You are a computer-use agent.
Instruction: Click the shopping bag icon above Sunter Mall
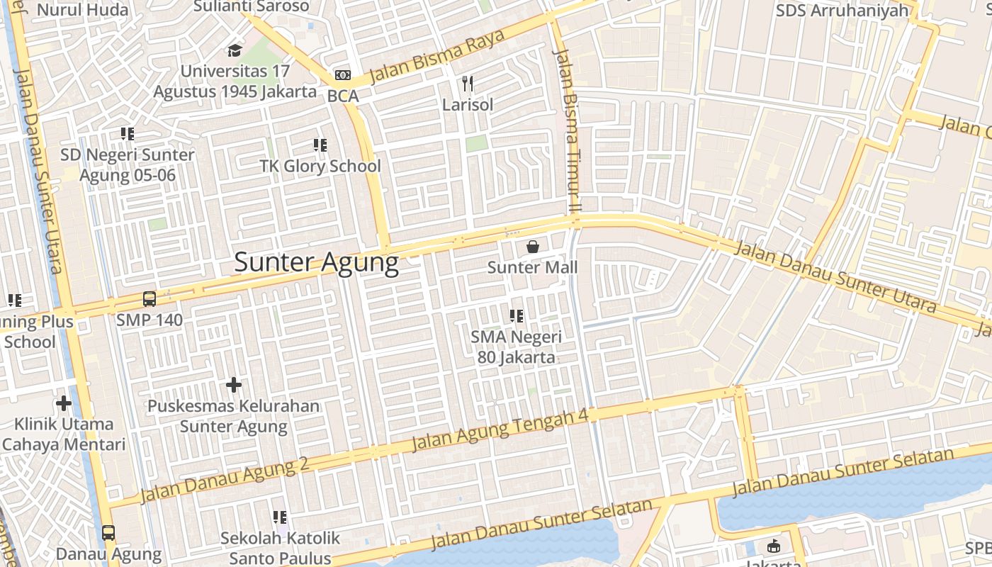click(x=532, y=247)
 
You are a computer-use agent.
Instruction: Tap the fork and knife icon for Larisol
click(x=467, y=84)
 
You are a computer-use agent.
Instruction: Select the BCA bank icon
click(x=342, y=75)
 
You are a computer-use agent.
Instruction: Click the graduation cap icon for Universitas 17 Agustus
click(x=235, y=50)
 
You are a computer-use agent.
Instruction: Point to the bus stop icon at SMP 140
click(x=150, y=299)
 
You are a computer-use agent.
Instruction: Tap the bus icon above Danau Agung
click(x=108, y=533)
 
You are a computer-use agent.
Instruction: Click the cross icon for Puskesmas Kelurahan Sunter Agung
click(x=234, y=385)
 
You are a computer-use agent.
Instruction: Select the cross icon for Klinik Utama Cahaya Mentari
click(x=64, y=403)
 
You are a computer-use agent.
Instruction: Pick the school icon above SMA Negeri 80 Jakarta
click(x=517, y=316)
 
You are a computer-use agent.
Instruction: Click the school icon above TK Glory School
click(x=320, y=145)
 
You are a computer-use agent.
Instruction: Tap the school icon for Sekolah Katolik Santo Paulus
click(x=280, y=517)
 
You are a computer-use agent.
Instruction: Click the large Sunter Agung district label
click(x=316, y=262)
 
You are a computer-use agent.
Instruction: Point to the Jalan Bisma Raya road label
click(x=436, y=55)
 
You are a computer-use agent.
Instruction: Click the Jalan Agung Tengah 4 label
click(x=500, y=430)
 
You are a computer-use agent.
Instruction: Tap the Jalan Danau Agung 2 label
click(x=225, y=480)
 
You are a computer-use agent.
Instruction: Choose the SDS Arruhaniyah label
click(x=842, y=10)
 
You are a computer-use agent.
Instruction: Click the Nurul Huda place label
click(x=83, y=10)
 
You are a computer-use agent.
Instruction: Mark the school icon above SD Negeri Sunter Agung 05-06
click(x=128, y=134)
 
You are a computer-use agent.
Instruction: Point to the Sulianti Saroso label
click(x=252, y=6)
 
